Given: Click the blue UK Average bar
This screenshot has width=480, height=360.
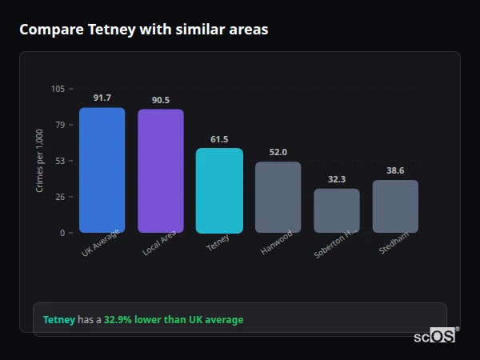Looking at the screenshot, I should point(102,170).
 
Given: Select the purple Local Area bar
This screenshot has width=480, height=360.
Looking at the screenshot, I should point(160,171).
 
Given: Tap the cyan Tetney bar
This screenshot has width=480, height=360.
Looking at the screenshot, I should point(219,190).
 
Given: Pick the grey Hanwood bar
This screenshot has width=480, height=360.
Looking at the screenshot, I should point(278,198).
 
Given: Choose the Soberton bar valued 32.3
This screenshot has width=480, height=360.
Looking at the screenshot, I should point(336,210).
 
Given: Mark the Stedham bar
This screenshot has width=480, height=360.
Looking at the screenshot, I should point(395,206).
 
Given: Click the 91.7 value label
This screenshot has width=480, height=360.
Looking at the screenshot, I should point(102,98).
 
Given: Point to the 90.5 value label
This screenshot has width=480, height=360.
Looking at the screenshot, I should point(160,100).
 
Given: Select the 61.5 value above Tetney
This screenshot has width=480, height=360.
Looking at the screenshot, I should point(219,139).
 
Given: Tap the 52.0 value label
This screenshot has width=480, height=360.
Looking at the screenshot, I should point(278,152).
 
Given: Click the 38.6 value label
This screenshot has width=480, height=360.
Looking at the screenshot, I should point(395,170).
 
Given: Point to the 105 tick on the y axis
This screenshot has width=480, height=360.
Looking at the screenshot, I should point(58,89).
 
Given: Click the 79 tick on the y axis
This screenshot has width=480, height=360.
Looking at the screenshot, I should point(60,125).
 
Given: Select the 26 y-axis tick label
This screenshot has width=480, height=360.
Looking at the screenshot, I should point(60,197).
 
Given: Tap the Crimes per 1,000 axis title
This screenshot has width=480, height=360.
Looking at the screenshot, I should point(39,161).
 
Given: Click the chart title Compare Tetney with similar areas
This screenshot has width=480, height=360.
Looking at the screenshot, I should point(143,30).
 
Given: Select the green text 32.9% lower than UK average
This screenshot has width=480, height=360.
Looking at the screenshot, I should point(174,320).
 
